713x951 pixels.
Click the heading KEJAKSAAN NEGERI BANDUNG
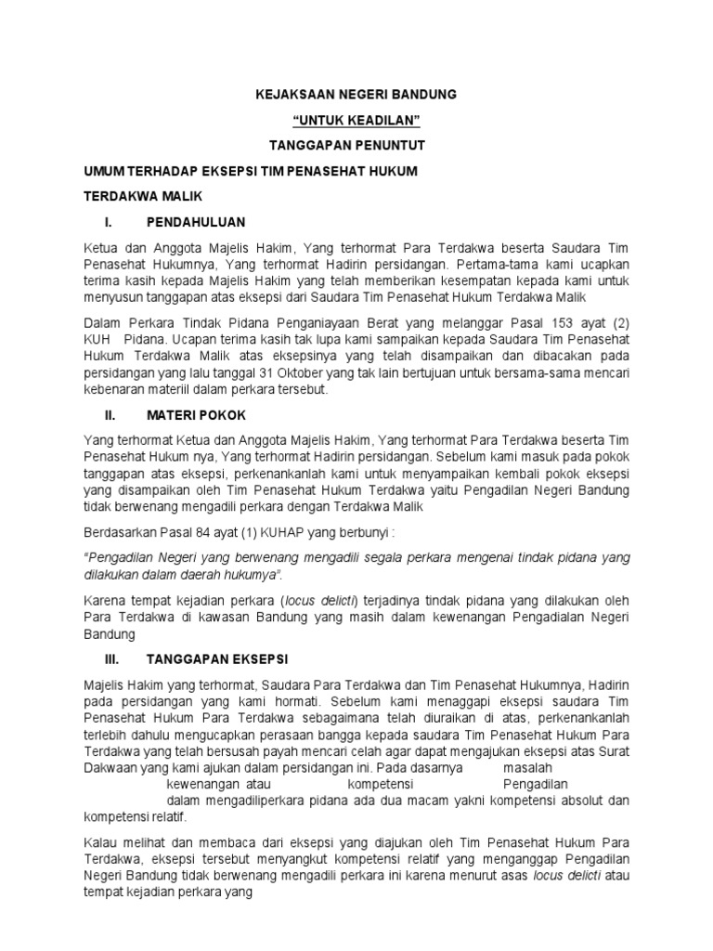click(356, 96)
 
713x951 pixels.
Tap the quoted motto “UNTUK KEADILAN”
click(356, 121)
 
